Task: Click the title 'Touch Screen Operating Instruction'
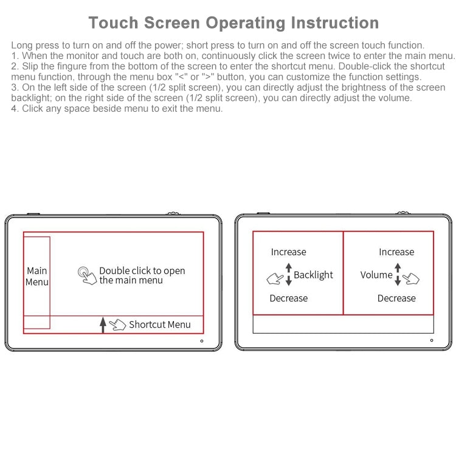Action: (233, 23)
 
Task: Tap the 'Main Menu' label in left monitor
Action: (36, 276)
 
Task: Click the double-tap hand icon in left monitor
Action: (87, 275)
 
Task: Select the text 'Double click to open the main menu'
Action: (142, 275)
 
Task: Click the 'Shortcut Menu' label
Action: (159, 325)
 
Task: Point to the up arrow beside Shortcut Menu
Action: (103, 325)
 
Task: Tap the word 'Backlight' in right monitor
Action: (313, 275)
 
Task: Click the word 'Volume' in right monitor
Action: (376, 275)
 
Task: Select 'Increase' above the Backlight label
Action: (288, 252)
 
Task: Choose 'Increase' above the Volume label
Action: (396, 252)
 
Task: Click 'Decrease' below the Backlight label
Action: (288, 298)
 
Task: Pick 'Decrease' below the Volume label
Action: (396, 298)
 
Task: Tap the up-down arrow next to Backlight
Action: (289, 275)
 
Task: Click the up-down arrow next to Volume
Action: (398, 275)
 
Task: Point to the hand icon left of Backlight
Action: (275, 279)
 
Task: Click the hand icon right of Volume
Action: (412, 278)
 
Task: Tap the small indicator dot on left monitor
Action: (201, 340)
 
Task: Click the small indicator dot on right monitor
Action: (432, 340)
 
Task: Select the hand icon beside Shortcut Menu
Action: (117, 325)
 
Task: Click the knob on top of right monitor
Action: (402, 213)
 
